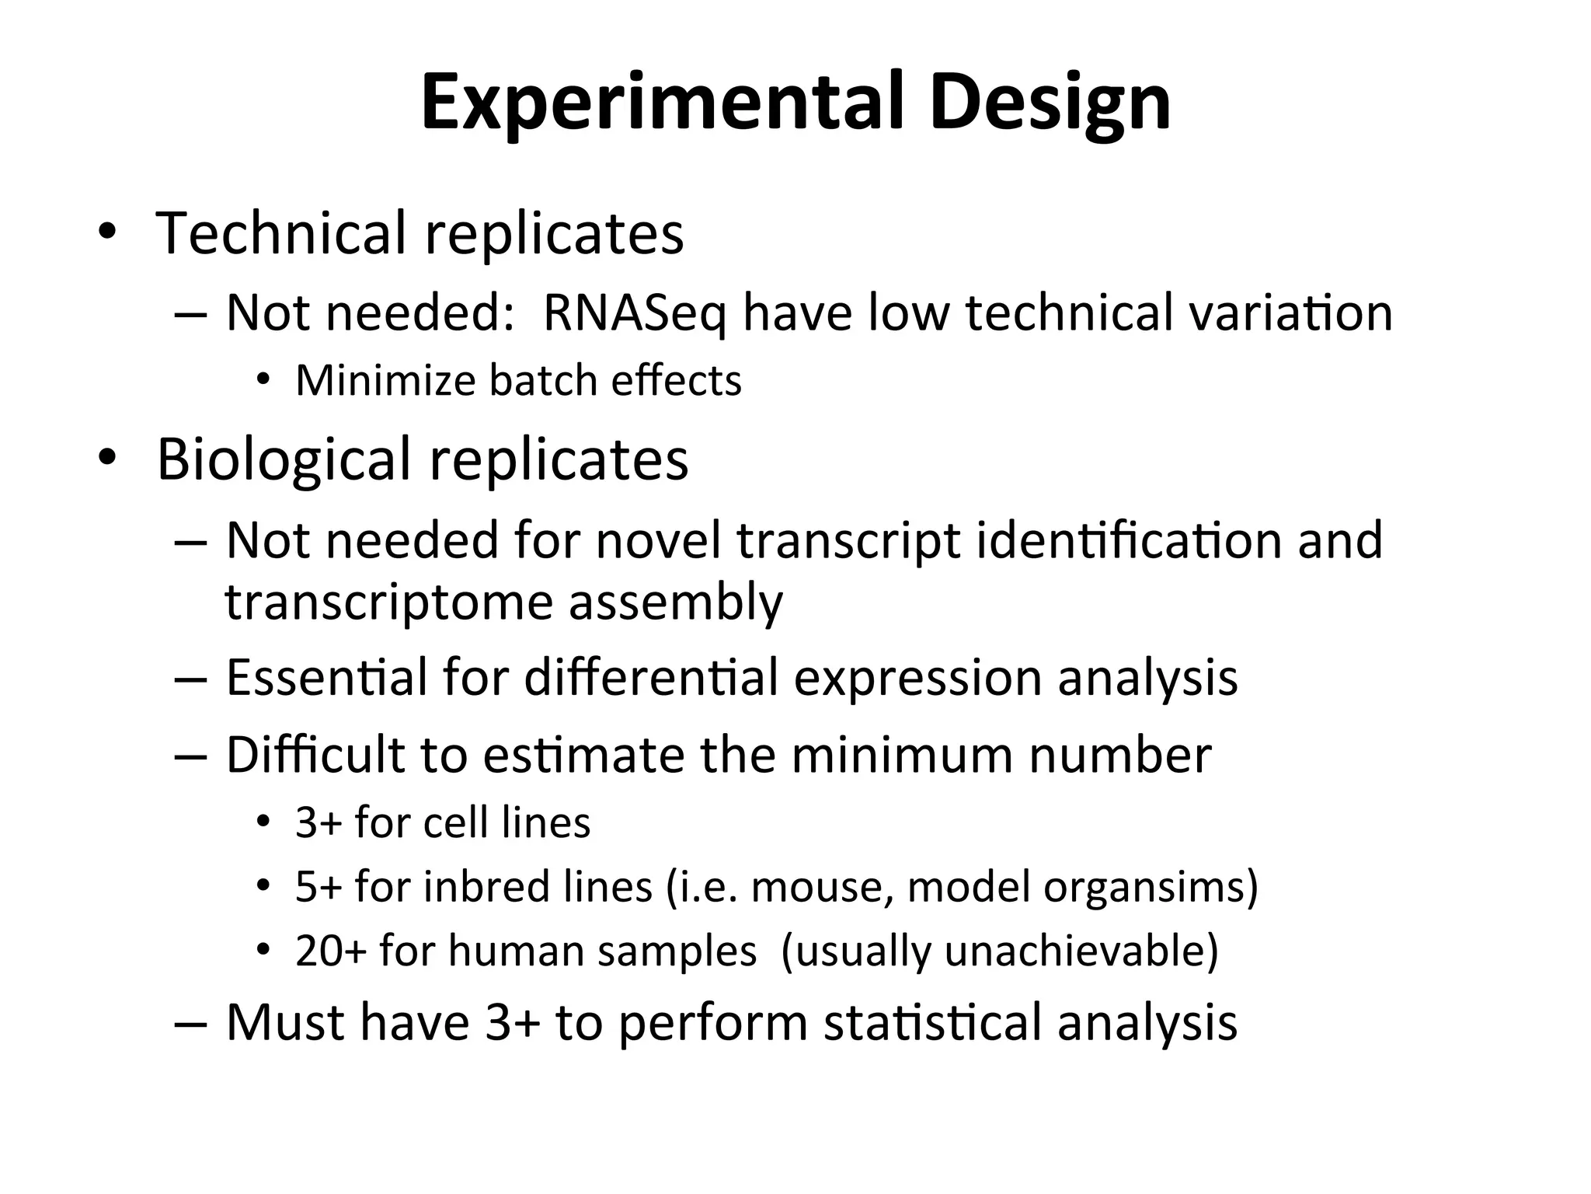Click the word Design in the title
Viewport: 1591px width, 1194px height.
[1050, 103]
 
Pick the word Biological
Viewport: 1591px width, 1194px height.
[284, 459]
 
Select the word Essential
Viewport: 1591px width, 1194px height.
[326, 677]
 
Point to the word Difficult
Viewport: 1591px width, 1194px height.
[315, 754]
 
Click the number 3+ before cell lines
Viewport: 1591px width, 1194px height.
[319, 822]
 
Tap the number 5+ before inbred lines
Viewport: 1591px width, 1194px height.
[319, 886]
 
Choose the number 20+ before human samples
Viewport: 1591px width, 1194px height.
[331, 951]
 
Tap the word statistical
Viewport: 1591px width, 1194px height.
[932, 1021]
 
